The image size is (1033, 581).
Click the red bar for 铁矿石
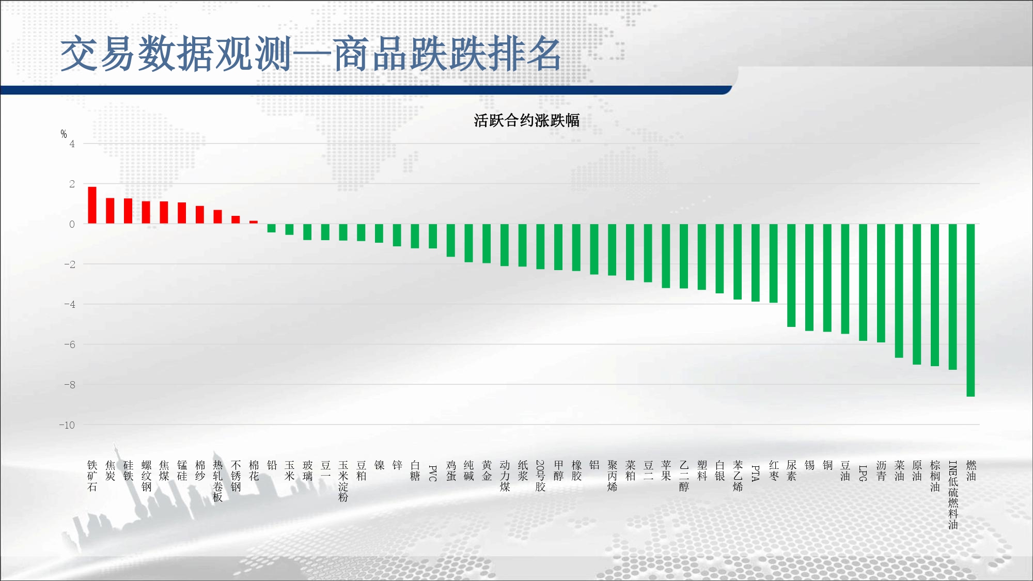click(x=92, y=205)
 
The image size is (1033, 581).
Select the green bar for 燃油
click(x=971, y=310)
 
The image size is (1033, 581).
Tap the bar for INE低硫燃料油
click(x=952, y=297)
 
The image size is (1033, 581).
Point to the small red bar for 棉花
click(x=254, y=222)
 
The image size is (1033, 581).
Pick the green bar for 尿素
click(x=791, y=275)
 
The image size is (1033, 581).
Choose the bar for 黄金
click(x=487, y=244)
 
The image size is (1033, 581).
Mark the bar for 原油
click(x=917, y=294)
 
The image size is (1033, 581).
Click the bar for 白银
click(x=719, y=259)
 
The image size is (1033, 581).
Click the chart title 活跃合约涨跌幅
click(x=527, y=120)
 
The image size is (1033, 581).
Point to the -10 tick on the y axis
click(x=67, y=425)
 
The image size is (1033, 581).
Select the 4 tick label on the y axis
click(x=72, y=144)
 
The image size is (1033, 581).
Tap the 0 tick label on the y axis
click(x=72, y=224)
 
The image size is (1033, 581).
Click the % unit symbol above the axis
click(x=64, y=134)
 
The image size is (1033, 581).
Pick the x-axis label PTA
click(x=755, y=473)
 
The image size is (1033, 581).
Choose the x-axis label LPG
click(x=863, y=473)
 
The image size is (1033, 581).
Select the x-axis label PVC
click(x=433, y=473)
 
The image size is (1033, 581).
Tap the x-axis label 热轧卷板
click(x=218, y=481)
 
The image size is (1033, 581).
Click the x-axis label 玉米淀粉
click(x=343, y=481)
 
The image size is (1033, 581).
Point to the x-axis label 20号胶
click(x=540, y=476)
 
